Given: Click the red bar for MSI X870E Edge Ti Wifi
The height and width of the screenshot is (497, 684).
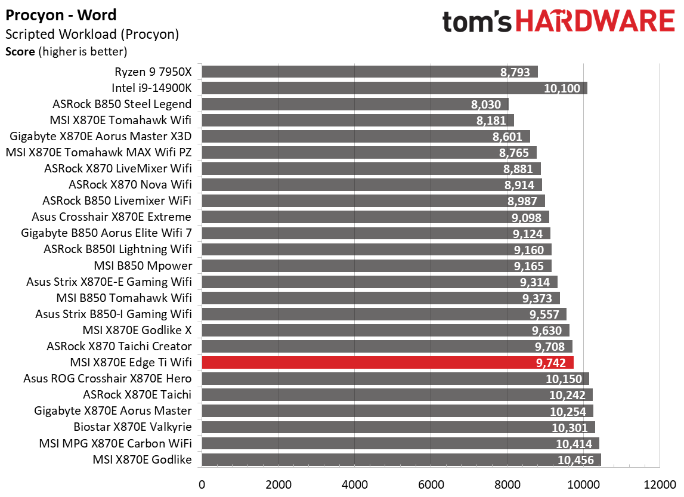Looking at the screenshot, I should click(388, 362).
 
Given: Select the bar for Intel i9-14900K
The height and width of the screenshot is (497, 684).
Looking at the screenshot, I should click(394, 88).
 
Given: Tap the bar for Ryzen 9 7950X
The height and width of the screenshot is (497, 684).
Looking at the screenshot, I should click(370, 72).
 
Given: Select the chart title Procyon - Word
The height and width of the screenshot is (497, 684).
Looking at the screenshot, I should click(61, 15).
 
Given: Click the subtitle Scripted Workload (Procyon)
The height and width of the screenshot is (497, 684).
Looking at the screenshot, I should click(92, 34).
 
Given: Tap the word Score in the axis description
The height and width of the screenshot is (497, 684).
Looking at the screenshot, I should click(20, 51).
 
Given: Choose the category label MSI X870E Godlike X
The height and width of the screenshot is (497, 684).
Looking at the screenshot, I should click(137, 330).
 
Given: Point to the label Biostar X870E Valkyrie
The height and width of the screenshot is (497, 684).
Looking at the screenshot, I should click(132, 427).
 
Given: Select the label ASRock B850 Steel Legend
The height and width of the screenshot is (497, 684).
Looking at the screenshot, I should click(122, 104).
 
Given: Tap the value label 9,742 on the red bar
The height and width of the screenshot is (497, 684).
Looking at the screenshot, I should click(552, 362).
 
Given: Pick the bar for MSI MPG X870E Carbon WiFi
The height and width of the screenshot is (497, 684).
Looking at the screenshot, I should click(400, 443).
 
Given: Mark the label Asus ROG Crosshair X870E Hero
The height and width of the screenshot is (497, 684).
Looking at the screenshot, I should click(107, 378).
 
